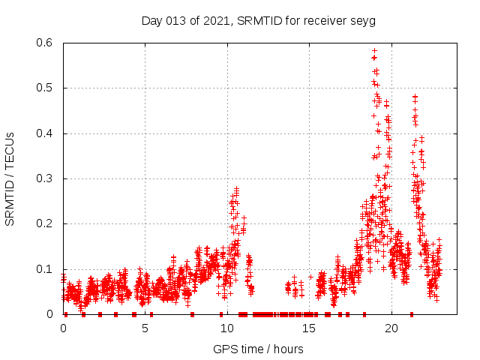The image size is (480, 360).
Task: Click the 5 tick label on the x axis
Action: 145,328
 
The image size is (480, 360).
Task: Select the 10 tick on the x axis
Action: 226,328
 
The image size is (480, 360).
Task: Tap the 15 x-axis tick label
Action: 309,328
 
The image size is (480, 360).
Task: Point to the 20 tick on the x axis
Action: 391,328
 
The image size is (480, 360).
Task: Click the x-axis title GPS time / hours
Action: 258,349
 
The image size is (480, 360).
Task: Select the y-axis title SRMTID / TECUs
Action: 10,178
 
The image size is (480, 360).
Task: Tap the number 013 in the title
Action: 177,20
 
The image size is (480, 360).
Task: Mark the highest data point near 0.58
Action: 374,51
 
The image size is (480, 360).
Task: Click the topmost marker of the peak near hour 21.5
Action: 415,97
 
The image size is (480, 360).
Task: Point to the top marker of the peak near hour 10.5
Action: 237,189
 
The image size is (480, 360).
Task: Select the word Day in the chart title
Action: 152,20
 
